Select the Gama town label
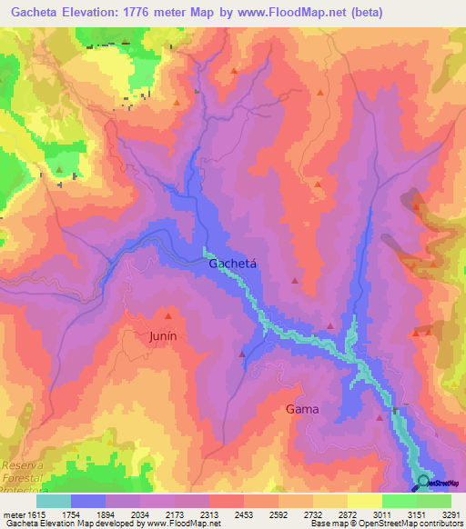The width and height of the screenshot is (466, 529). click(x=302, y=409)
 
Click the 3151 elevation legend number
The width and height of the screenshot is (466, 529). click(x=416, y=514)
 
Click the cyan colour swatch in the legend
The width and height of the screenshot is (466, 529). click(x=54, y=501)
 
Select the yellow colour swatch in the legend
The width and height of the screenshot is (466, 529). click(x=365, y=501)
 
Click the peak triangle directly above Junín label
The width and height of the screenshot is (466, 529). click(x=167, y=317)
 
